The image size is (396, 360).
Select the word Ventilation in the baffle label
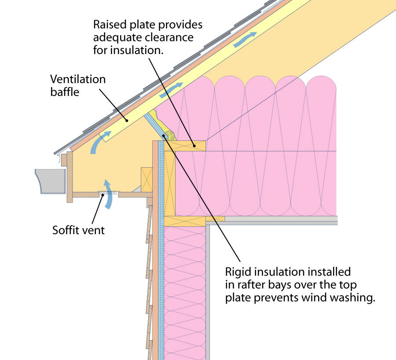click(x=78, y=80)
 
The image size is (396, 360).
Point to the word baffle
click(x=64, y=92)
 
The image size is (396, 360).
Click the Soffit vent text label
click(x=79, y=230)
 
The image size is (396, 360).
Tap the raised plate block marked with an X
click(x=185, y=146)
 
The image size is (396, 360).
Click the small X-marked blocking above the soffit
click(x=147, y=177)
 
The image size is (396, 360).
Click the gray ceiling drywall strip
click(x=282, y=218)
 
